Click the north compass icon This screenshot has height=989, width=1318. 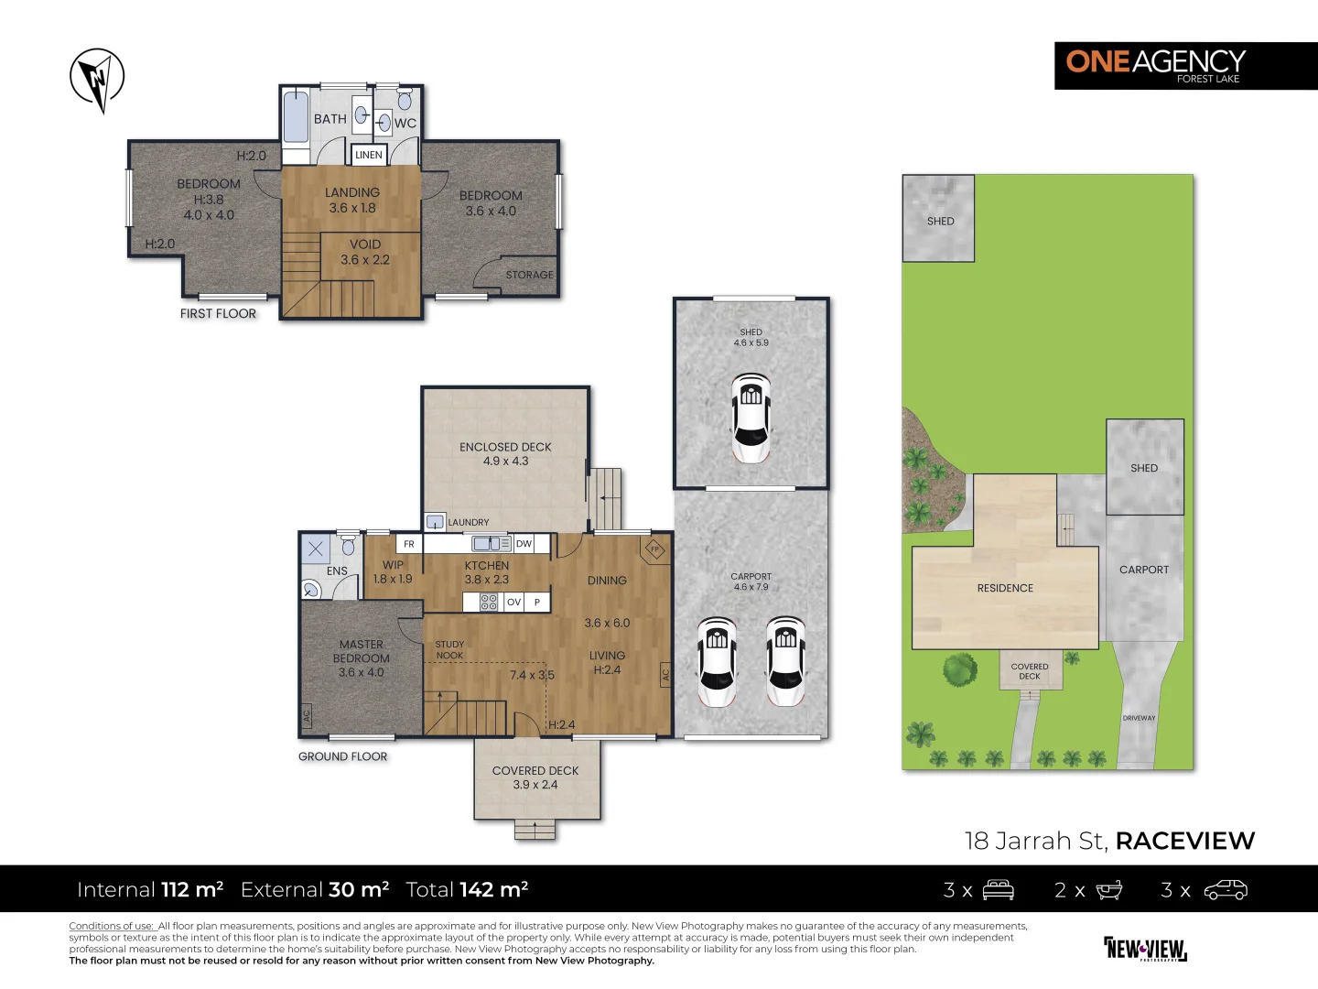pyautogui.click(x=97, y=79)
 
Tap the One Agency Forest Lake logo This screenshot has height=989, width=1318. pyautogui.click(x=1185, y=65)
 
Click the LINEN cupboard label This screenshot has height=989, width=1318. pyautogui.click(x=369, y=155)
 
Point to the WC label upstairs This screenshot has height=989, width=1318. pyautogui.click(x=405, y=123)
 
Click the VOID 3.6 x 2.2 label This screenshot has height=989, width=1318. pyautogui.click(x=365, y=252)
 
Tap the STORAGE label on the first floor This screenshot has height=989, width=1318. pyautogui.click(x=529, y=275)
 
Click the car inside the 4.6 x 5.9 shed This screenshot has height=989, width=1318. pyautogui.click(x=751, y=418)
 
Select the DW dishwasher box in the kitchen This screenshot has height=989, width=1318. pyautogui.click(x=524, y=544)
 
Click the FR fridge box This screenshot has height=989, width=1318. pyautogui.click(x=409, y=544)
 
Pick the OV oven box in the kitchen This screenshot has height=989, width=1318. pyautogui.click(x=513, y=602)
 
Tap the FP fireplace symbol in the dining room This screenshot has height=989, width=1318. pyautogui.click(x=654, y=549)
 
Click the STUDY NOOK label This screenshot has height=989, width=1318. pyautogui.click(x=449, y=650)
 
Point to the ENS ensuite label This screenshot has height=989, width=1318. pyautogui.click(x=337, y=571)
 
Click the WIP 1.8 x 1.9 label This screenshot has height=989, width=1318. pyautogui.click(x=393, y=572)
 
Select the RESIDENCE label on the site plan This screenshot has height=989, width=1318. pyautogui.click(x=1004, y=588)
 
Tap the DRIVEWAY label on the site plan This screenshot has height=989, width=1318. pyautogui.click(x=1139, y=718)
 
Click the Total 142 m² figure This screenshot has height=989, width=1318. pyautogui.click(x=467, y=889)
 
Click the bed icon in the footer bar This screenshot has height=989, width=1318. pyautogui.click(x=998, y=890)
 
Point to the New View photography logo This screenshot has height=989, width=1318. pyautogui.click(x=1145, y=949)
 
